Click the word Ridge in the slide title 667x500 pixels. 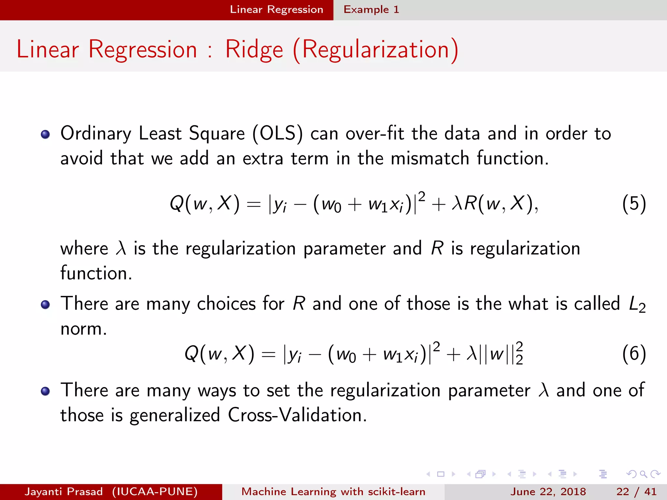point(254,50)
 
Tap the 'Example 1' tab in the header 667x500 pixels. point(371,9)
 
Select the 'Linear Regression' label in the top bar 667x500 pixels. point(277,9)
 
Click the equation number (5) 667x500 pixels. point(634,204)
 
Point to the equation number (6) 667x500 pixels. point(634,354)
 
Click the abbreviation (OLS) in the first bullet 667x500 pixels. point(277,133)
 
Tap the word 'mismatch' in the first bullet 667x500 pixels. point(430,159)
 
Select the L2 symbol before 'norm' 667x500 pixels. point(637,304)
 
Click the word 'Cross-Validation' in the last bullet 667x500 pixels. point(297,415)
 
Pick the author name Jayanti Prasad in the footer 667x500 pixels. point(64,492)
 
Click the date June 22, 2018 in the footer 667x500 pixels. point(548,492)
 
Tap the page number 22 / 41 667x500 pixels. point(636,492)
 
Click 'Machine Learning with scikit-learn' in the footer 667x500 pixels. point(333,492)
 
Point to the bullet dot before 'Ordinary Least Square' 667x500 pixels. point(45,134)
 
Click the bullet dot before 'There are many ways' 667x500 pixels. point(45,391)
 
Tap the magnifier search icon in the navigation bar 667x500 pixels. point(643,474)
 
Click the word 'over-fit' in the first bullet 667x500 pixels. point(375,133)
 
